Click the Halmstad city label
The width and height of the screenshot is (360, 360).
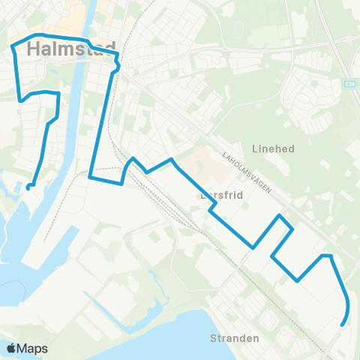[71, 50]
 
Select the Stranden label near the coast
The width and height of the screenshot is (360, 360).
[234, 338]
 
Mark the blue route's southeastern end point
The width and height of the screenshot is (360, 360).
[342, 325]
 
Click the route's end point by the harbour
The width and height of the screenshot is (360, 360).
[28, 186]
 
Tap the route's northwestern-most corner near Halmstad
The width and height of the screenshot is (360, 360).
[13, 47]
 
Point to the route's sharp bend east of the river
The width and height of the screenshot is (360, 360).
[118, 67]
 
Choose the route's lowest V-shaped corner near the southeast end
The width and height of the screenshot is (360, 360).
[298, 281]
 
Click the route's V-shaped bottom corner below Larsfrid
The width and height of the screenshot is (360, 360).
[254, 246]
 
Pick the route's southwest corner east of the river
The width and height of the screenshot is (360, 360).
[90, 178]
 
